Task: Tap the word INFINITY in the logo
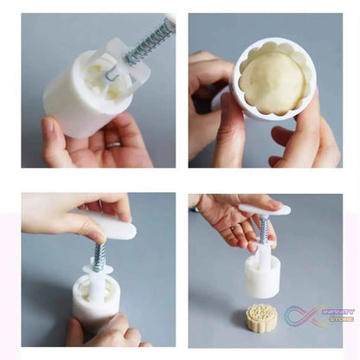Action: (x=338, y=312)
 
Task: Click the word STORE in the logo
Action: (x=342, y=319)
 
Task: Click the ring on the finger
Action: (x=113, y=145)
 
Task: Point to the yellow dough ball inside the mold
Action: (x=273, y=84)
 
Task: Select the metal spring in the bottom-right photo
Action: (x=263, y=228)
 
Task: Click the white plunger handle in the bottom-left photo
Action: (x=111, y=225)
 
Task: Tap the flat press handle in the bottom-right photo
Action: (x=264, y=209)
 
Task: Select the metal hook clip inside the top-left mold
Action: (x=111, y=74)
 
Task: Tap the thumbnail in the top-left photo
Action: (x=48, y=125)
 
